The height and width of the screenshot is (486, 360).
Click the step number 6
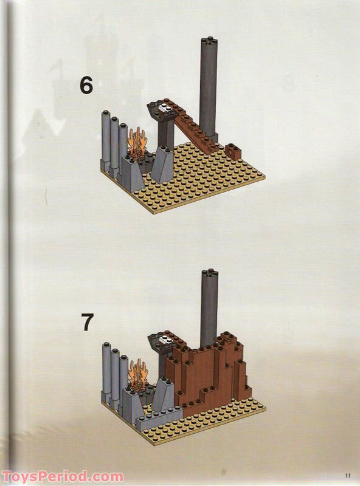[86, 86]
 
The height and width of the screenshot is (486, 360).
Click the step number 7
[88, 323]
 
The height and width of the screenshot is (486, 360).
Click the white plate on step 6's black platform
[163, 109]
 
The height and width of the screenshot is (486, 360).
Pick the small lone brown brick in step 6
[233, 149]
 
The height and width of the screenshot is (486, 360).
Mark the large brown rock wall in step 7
[213, 377]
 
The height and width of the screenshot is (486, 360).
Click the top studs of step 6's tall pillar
[208, 41]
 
